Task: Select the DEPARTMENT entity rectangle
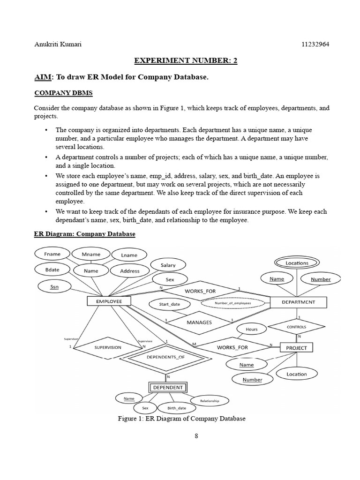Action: pos(298,302)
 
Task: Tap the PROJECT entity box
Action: pos(296,347)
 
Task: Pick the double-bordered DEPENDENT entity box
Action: pos(169,387)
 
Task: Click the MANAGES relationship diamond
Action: pos(199,322)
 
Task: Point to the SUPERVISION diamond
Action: pos(108,347)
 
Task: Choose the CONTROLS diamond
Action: pos(296,327)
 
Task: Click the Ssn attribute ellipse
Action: pos(54,286)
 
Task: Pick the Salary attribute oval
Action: pos(168,265)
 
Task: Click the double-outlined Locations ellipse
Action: pos(297,263)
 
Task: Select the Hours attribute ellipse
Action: pos(252,330)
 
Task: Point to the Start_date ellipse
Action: pos(170,304)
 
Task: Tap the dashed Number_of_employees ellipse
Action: pos(233,303)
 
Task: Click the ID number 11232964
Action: pos(316,45)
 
